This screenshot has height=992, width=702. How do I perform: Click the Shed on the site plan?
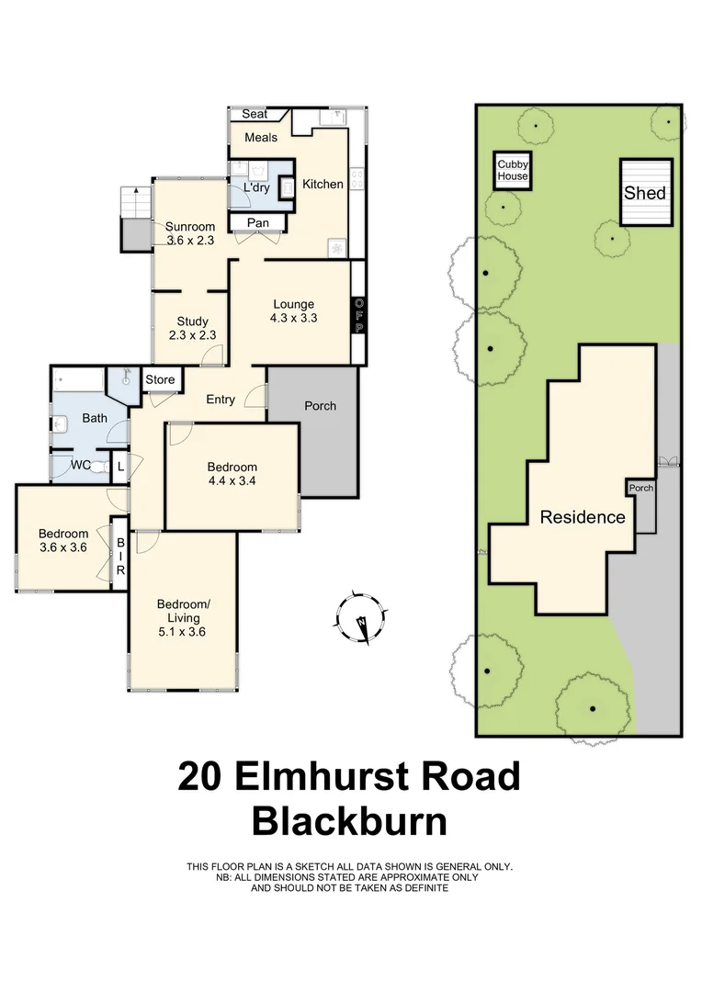(x=645, y=193)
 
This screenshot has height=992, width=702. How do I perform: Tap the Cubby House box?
(x=513, y=170)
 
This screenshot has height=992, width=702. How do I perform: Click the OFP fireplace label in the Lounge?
(x=359, y=316)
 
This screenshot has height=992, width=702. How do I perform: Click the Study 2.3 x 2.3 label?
(x=192, y=328)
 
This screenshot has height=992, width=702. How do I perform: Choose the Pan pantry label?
(x=258, y=222)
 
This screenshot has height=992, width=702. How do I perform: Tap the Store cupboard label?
(x=160, y=379)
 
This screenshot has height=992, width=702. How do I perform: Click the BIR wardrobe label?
(x=119, y=557)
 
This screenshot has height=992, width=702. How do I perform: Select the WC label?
(x=81, y=465)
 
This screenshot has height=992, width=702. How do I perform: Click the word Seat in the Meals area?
(x=255, y=114)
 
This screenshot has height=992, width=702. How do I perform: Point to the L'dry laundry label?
(x=256, y=187)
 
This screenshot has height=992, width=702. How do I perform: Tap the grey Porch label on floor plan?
(x=320, y=405)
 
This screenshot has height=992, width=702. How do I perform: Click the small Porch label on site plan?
(x=640, y=488)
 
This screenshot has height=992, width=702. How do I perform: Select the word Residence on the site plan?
(x=582, y=517)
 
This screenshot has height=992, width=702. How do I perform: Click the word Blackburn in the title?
(x=349, y=820)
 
